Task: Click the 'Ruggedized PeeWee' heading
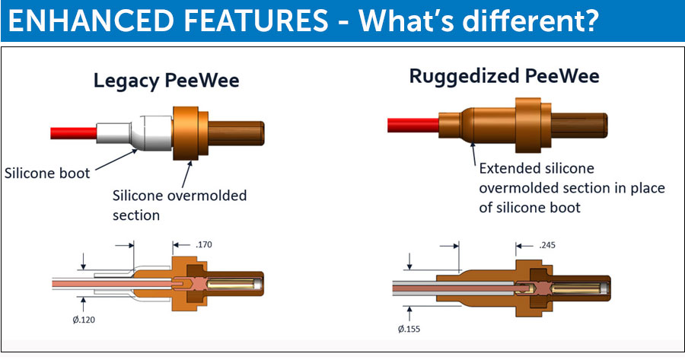click(x=504, y=76)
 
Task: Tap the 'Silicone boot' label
click(x=46, y=173)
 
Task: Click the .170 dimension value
click(x=203, y=245)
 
